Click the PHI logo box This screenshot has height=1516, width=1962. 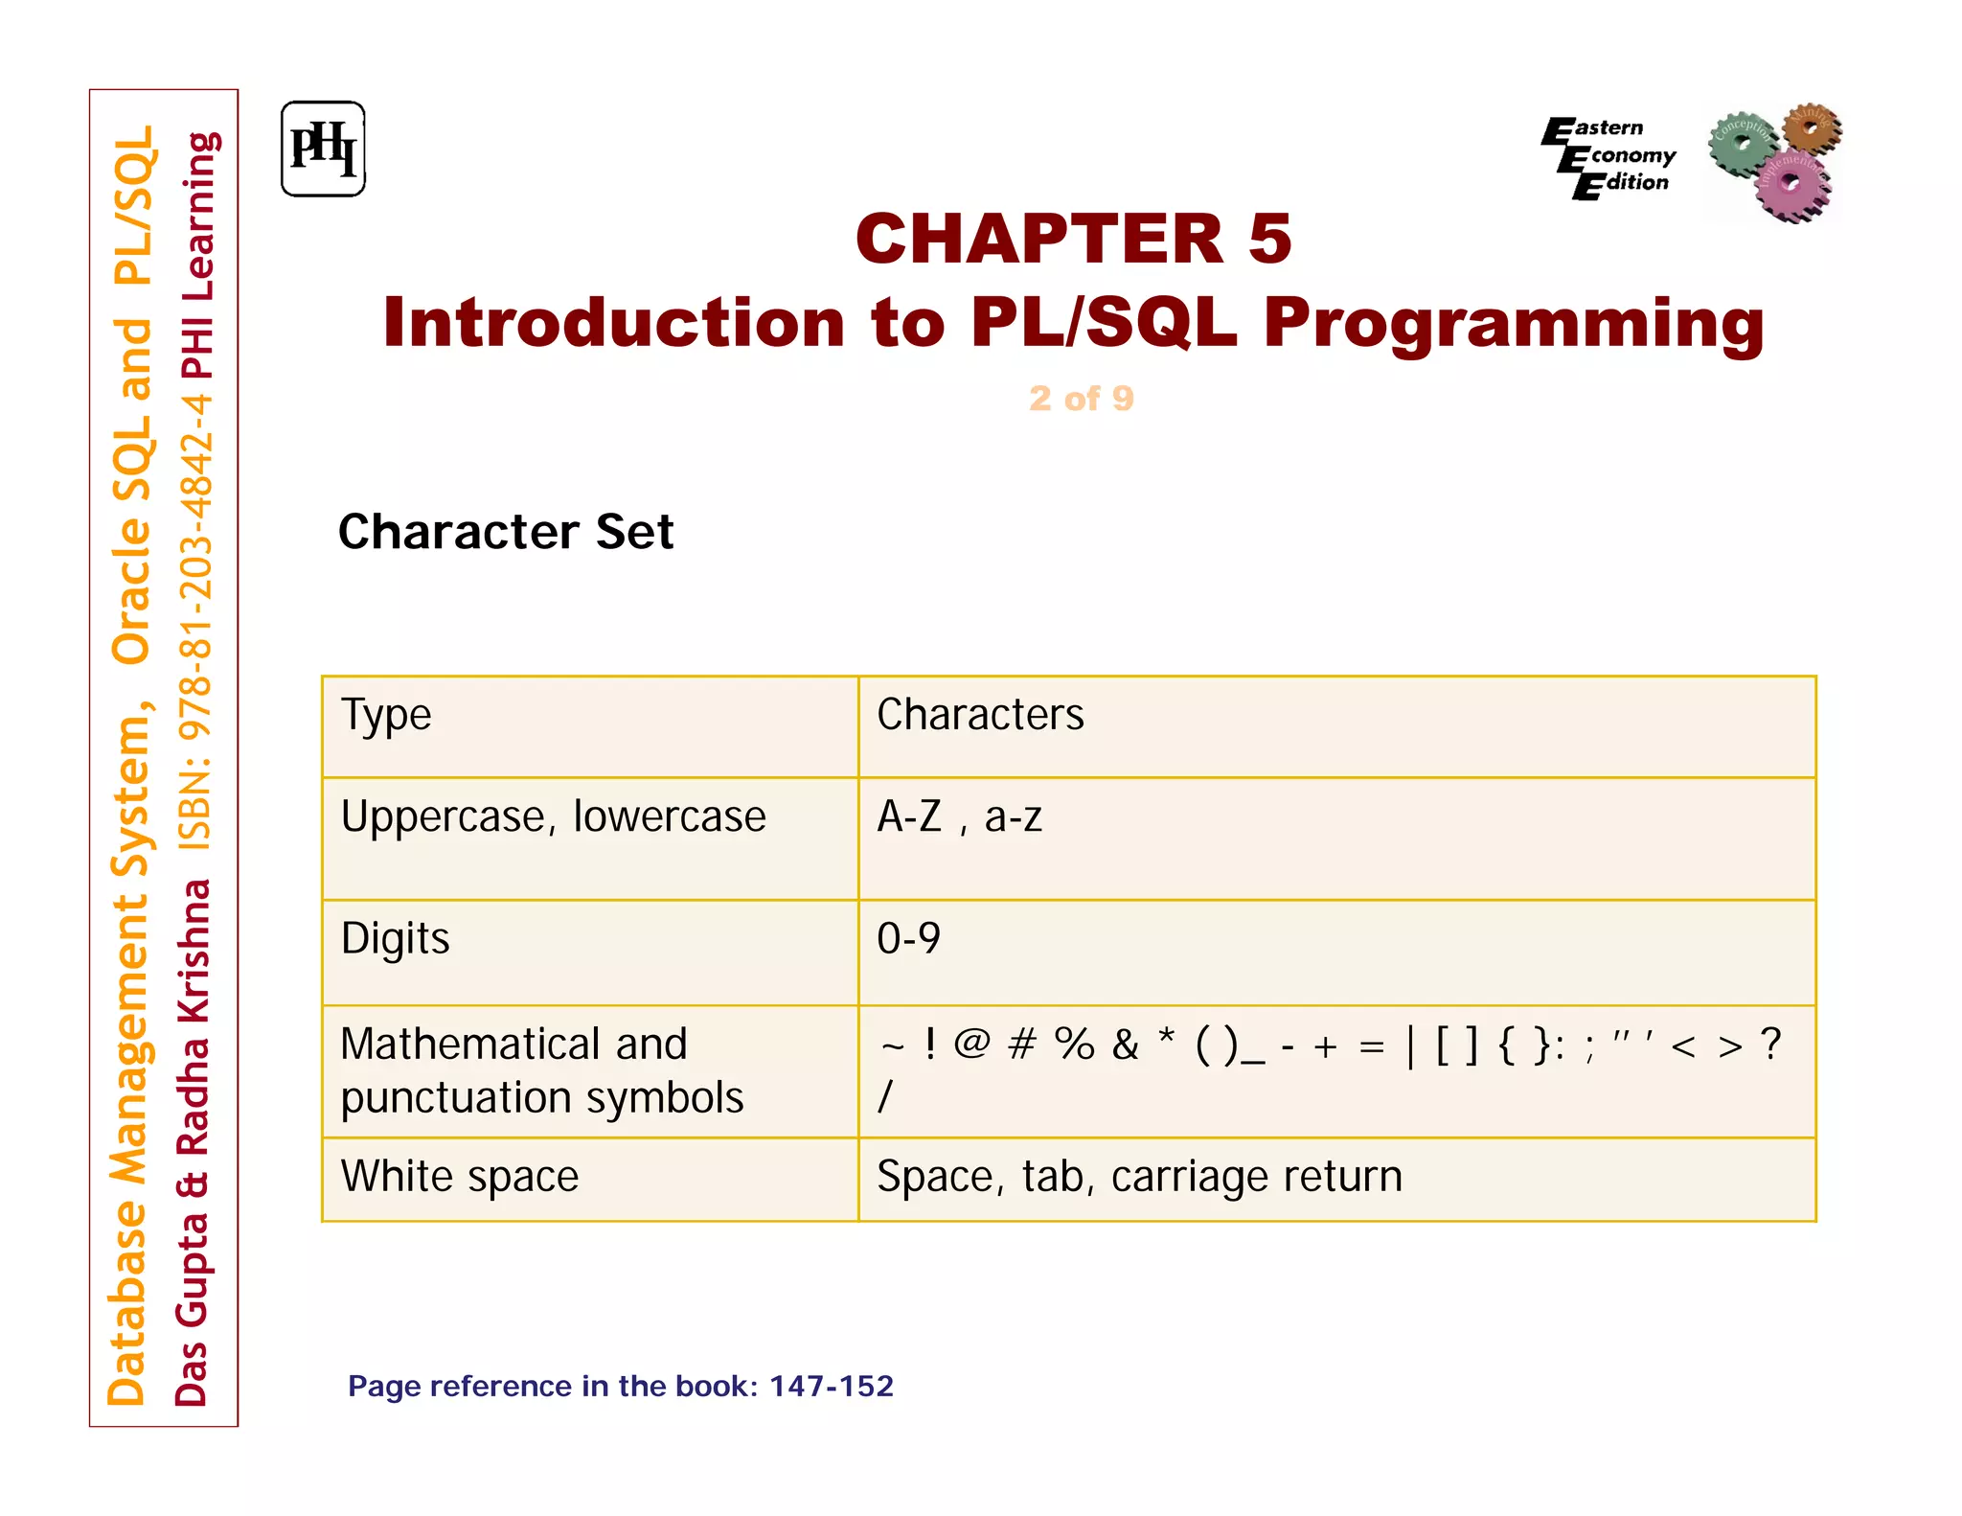pyautogui.click(x=323, y=149)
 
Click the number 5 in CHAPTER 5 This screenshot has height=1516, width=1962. pyautogui.click(x=1269, y=239)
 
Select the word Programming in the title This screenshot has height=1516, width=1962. pyautogui.click(x=1513, y=323)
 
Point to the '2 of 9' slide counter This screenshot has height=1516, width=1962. pyautogui.click(x=1081, y=398)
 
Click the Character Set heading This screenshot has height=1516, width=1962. pyautogui.click(x=506, y=532)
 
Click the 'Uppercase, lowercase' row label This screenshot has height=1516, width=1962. pyautogui.click(x=553, y=817)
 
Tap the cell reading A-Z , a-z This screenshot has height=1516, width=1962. pyautogui.click(x=959, y=817)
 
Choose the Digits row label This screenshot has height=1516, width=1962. pyautogui.click(x=395, y=938)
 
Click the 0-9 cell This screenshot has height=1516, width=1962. pyautogui.click(x=908, y=938)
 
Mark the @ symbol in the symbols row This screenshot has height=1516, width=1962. pyautogui.click(x=971, y=1043)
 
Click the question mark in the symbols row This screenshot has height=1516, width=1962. pyautogui.click(x=1770, y=1043)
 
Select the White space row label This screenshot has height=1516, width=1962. pyautogui.click(x=460, y=1177)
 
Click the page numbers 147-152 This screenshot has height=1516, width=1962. pyautogui.click(x=831, y=1386)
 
